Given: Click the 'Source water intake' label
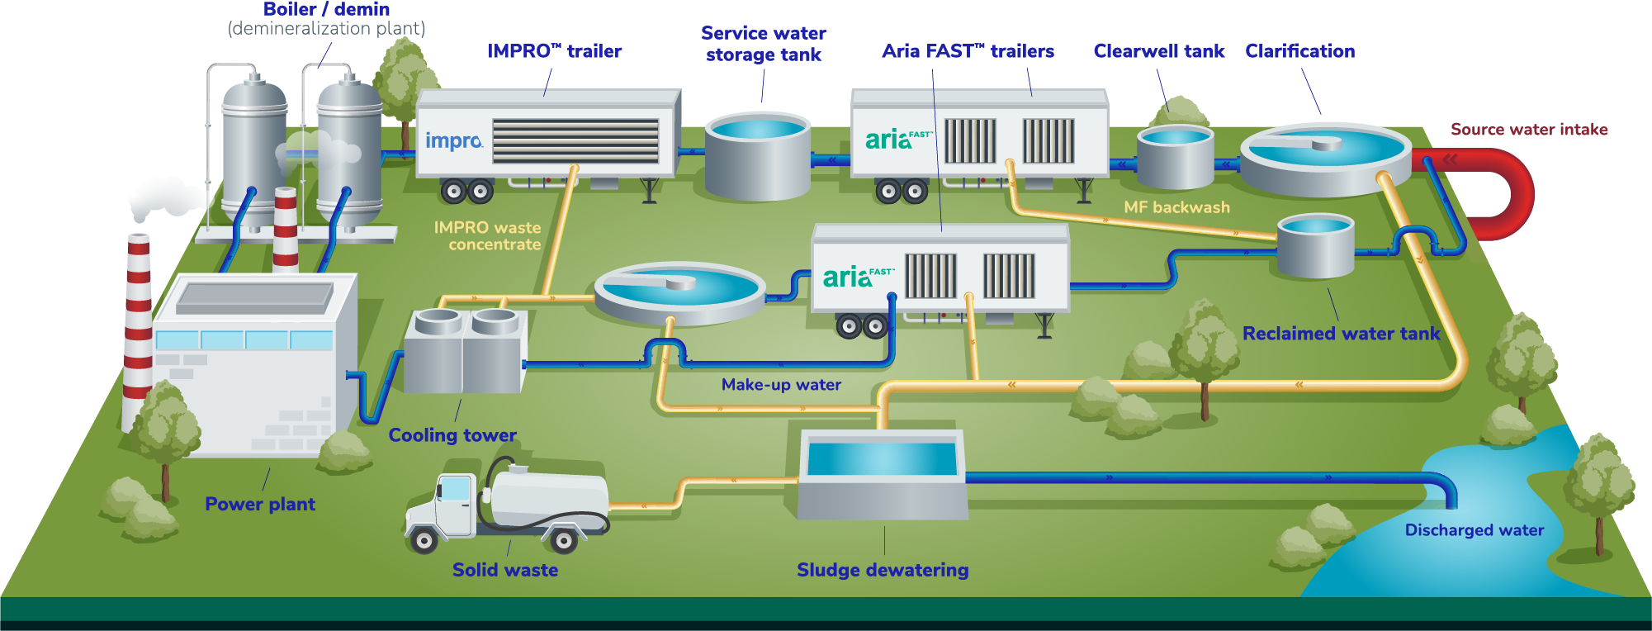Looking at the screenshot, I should [1528, 130].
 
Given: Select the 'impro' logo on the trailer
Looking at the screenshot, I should [453, 141].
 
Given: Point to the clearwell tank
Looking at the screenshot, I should [1175, 157].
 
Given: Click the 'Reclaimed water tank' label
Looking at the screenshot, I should [1341, 334].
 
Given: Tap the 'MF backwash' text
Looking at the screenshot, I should [1176, 207].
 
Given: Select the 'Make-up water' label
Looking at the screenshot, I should [781, 385].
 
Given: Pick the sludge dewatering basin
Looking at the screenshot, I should [882, 475].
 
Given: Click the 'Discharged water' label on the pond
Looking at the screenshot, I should [1474, 530].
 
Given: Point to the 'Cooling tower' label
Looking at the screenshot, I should [452, 435].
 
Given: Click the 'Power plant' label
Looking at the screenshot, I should [260, 505].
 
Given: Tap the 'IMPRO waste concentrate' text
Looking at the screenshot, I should [488, 236].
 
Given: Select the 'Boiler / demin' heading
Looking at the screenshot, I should [326, 10].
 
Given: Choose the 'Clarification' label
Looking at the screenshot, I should [1299, 51].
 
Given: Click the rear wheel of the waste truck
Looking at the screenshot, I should [564, 541].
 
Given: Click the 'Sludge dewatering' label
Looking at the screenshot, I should [882, 570].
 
